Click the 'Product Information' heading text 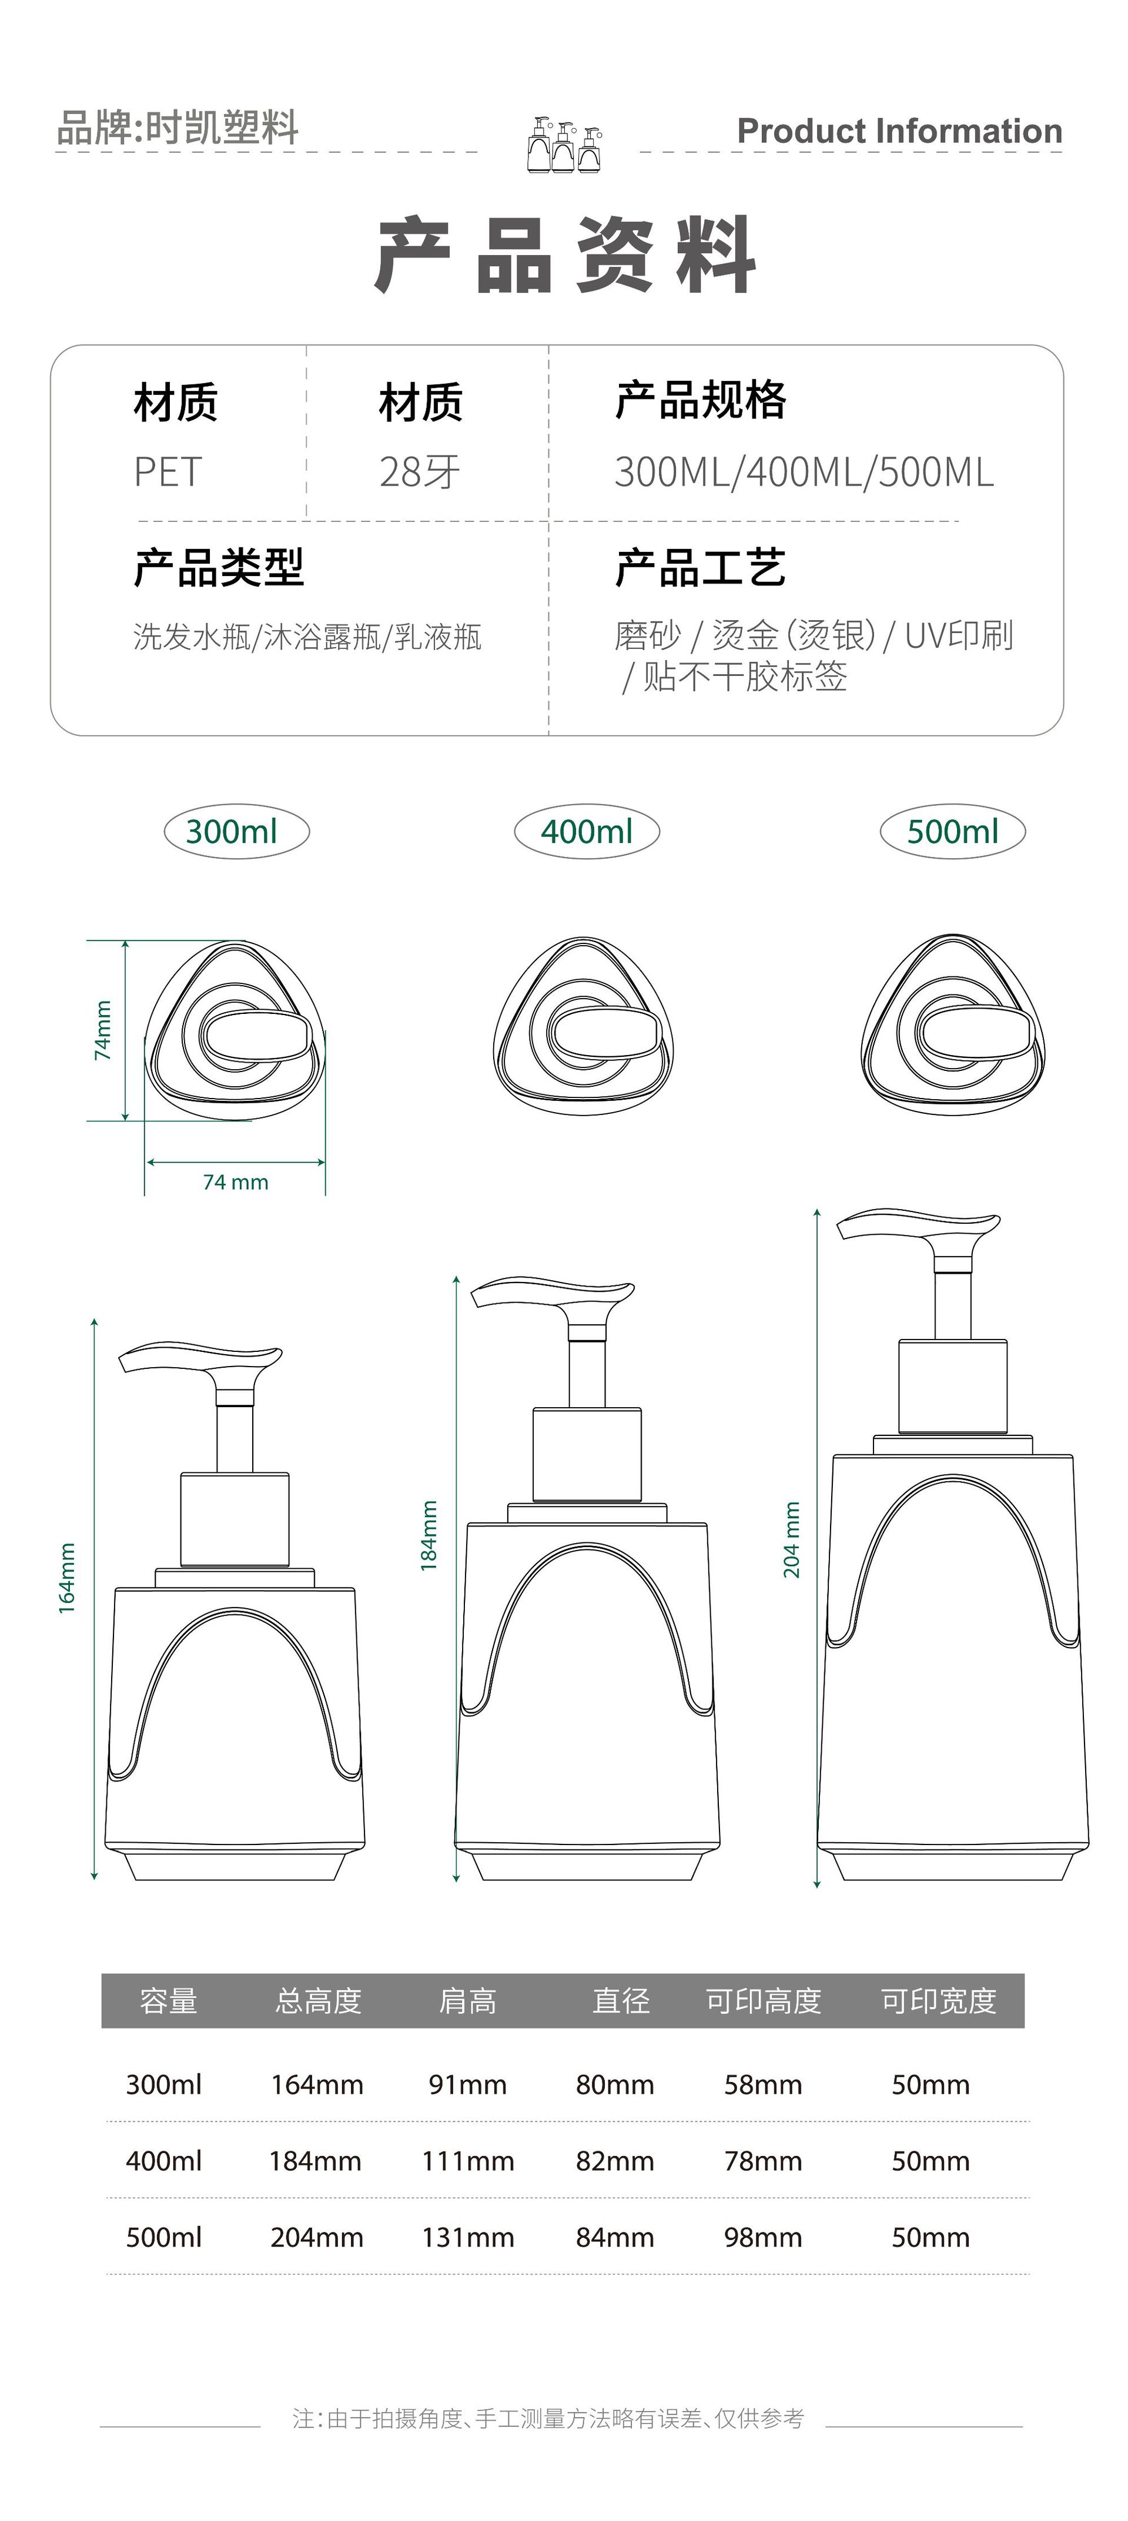coord(899,131)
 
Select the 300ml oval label coord(236,832)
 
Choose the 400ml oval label coord(587,832)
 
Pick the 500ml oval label coord(953,832)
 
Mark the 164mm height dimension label coord(66,1578)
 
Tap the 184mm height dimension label coord(429,1535)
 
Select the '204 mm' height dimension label coord(791,1539)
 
